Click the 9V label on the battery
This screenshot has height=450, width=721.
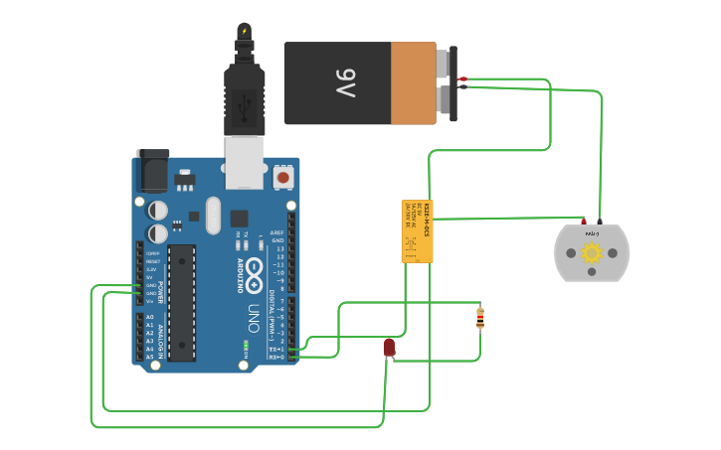(x=345, y=83)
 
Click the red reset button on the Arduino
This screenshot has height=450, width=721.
(x=283, y=178)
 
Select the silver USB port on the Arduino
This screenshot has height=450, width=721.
(x=245, y=162)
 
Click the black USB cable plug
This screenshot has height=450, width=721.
(x=245, y=98)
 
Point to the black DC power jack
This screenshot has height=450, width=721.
(x=152, y=171)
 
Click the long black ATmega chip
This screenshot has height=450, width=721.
(x=181, y=302)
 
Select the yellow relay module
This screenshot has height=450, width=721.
(x=418, y=230)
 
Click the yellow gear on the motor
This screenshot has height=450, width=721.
(x=592, y=252)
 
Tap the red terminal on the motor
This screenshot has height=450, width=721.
(x=584, y=221)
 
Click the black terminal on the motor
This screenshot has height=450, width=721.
(x=600, y=221)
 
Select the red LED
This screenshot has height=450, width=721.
(x=389, y=347)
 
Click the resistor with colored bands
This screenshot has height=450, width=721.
(x=480, y=317)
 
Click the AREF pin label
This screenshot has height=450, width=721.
(x=277, y=232)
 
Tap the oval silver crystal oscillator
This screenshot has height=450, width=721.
(x=212, y=216)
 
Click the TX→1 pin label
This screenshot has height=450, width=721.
(x=276, y=349)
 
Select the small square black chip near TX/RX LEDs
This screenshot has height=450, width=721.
(x=239, y=219)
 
